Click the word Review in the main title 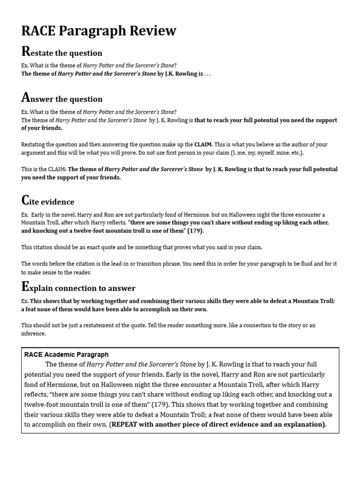point(151,31)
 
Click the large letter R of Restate point(26,51)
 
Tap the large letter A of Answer point(26,97)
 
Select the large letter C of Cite point(26,201)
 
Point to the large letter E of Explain point(25,286)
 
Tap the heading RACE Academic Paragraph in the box point(66,354)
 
